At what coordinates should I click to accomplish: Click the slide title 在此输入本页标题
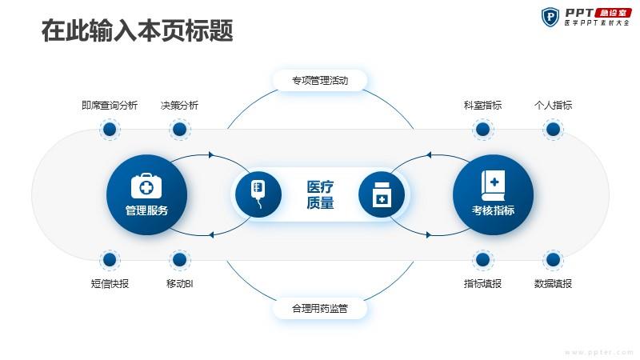click(x=137, y=30)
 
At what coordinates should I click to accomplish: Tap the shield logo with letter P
click(x=550, y=17)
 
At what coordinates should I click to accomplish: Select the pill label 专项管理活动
click(x=320, y=81)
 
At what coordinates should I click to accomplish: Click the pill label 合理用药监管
click(x=320, y=308)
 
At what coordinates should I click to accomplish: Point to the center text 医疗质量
click(x=321, y=194)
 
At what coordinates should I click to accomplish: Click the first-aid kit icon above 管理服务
click(x=146, y=186)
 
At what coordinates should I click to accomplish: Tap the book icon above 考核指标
click(x=493, y=186)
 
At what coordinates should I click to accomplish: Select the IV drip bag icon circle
click(x=258, y=194)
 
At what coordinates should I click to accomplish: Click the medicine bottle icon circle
click(x=382, y=194)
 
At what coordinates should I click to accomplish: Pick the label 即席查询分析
click(x=110, y=106)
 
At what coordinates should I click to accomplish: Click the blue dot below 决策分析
click(x=179, y=130)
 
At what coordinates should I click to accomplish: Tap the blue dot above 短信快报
click(x=110, y=259)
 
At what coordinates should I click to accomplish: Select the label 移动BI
click(x=179, y=284)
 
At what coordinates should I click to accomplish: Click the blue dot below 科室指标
click(x=483, y=130)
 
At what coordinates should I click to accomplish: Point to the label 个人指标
click(x=553, y=106)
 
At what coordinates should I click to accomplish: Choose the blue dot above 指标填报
click(x=483, y=259)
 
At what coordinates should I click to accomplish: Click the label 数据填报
click(x=553, y=284)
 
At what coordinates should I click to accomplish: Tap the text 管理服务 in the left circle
click(x=146, y=210)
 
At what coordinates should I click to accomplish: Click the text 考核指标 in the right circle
click(x=493, y=210)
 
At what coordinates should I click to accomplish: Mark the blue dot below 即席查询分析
click(x=110, y=130)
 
